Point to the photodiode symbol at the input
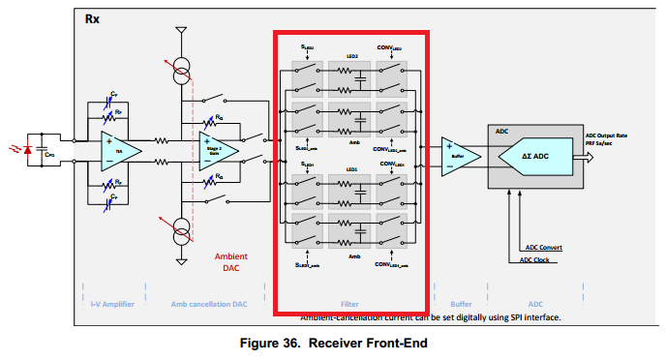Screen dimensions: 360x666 [x=27, y=150]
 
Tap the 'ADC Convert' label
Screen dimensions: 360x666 [x=541, y=248]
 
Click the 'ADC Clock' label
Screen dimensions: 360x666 [x=537, y=259]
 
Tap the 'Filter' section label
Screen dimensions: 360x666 [x=350, y=303]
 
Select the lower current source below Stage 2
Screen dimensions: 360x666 [x=180, y=232]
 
